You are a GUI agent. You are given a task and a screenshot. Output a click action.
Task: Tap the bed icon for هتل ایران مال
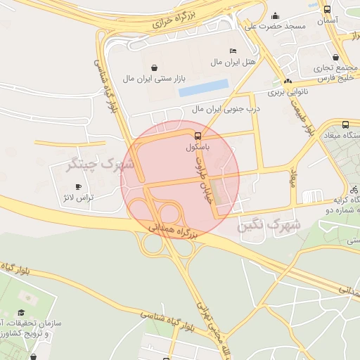pyautogui.click(x=233, y=51)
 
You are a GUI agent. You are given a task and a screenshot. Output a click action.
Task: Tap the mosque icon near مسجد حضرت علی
pyautogui.click(x=275, y=15)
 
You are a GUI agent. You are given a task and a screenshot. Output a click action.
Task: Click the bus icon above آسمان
pyautogui.click(x=327, y=9)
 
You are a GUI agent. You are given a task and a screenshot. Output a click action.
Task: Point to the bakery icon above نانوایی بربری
pyautogui.click(x=288, y=81)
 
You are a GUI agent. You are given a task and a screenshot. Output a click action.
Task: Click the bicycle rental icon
pyautogui.click(x=354, y=190)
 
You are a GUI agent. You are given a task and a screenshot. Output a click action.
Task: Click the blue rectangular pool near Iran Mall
pyautogui.click(x=203, y=88)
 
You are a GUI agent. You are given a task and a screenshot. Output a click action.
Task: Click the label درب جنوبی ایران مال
pyautogui.click(x=227, y=110)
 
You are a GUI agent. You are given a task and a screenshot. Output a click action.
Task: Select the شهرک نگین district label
pyautogui.click(x=269, y=226)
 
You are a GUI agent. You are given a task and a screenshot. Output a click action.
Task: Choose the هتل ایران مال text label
pyautogui.click(x=235, y=63)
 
